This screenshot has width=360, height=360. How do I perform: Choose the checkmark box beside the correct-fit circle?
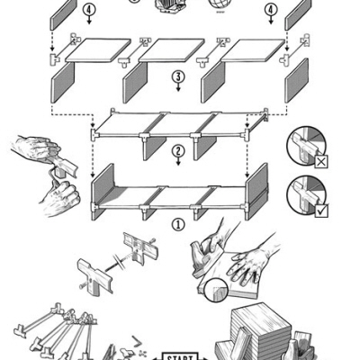click(x=322, y=211)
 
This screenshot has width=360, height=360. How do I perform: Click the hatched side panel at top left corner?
click(x=63, y=13)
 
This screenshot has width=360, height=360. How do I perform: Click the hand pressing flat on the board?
click(x=247, y=263)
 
